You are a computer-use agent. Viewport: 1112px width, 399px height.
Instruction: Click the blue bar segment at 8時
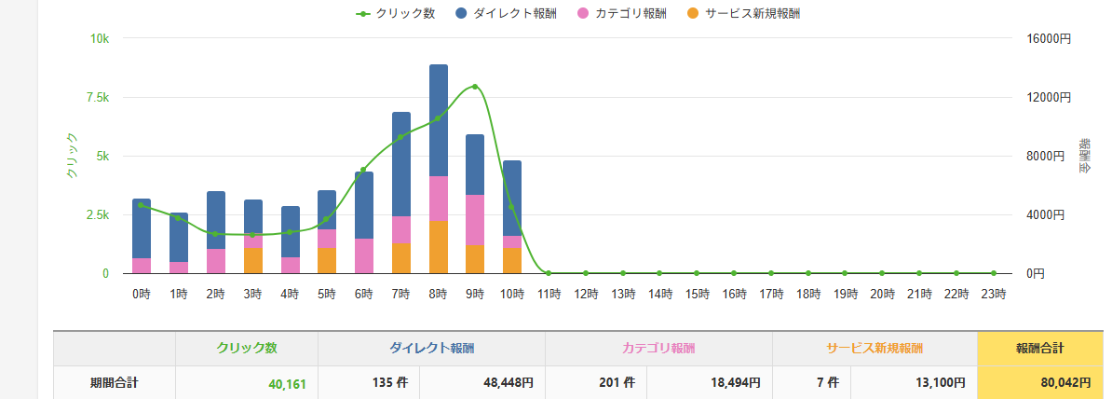click(439, 119)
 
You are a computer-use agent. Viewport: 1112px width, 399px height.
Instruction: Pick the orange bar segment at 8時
click(439, 247)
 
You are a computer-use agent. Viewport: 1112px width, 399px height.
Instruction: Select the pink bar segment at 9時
click(475, 220)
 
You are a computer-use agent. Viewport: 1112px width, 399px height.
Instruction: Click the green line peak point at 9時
click(475, 87)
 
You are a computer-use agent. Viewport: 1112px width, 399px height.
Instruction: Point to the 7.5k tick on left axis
click(98, 97)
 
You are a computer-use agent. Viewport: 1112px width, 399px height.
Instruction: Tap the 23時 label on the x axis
click(994, 294)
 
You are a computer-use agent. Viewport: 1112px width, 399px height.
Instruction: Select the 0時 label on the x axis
click(142, 294)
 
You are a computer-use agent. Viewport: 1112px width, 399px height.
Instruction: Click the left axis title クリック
click(72, 156)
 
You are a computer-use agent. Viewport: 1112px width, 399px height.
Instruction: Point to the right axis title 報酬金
click(1085, 156)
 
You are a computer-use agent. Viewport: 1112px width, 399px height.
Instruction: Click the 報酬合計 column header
click(1039, 349)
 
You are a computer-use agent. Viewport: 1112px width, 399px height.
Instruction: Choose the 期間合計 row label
click(115, 381)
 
